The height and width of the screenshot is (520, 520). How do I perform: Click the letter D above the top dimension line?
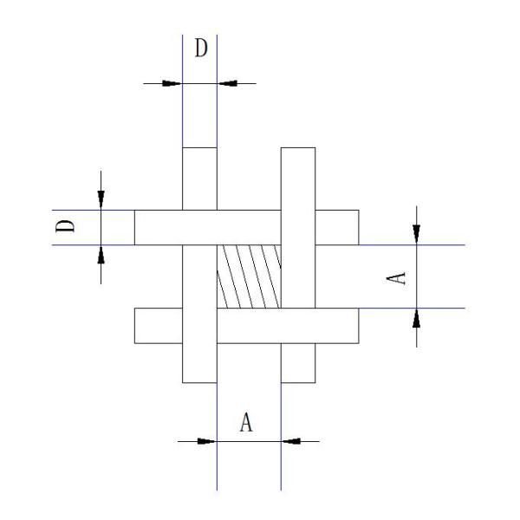tap(200, 49)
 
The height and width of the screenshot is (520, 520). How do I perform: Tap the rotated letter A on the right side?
tap(395, 276)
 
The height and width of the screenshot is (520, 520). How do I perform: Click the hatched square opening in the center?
tap(249, 276)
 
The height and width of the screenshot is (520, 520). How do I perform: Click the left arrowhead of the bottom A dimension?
tap(207, 440)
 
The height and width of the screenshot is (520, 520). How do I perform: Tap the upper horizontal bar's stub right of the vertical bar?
tap(336, 227)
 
